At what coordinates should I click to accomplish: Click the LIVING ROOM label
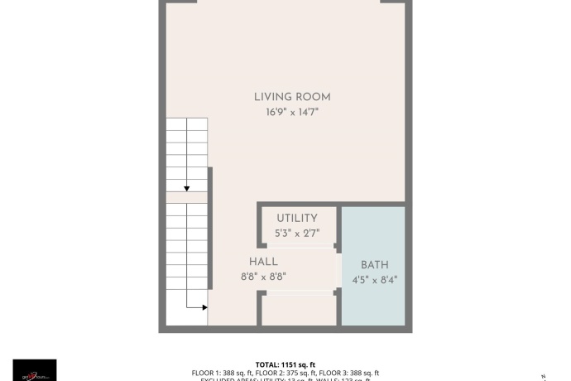291,97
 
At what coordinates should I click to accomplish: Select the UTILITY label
297,219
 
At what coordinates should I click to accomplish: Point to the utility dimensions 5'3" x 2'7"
296,233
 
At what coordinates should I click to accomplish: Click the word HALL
263,262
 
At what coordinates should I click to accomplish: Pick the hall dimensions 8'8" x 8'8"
263,277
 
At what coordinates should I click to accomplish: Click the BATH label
374,265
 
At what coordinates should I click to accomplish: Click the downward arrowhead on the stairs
187,187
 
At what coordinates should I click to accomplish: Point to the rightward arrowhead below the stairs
204,307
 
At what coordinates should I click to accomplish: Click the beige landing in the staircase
185,197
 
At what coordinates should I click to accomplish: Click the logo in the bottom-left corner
35,370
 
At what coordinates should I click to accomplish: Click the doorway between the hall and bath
338,270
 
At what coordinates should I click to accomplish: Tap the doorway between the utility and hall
300,246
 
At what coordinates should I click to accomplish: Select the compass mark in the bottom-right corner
543,375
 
